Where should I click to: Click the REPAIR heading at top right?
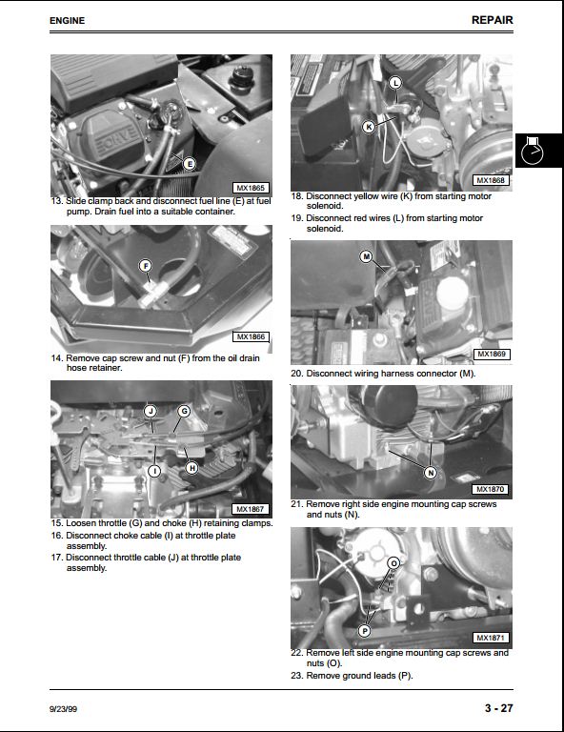(493, 20)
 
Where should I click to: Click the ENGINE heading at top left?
(68, 21)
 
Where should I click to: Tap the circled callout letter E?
(189, 164)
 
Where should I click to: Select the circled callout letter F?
(146, 266)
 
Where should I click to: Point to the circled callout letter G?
(184, 412)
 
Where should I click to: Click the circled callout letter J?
(151, 412)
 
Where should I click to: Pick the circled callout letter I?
(154, 471)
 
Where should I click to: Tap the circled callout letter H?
(191, 468)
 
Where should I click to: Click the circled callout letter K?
(369, 127)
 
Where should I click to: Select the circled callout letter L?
(395, 83)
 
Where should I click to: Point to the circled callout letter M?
(366, 256)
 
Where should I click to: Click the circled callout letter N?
(431, 473)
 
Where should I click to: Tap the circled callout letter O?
(394, 563)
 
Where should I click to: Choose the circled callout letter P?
(365, 631)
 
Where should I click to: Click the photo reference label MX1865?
(251, 188)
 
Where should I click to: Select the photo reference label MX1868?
(491, 180)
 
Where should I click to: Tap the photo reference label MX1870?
(491, 489)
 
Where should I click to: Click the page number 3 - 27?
(498, 708)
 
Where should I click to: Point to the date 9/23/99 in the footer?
(64, 709)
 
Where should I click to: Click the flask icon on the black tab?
(533, 151)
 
